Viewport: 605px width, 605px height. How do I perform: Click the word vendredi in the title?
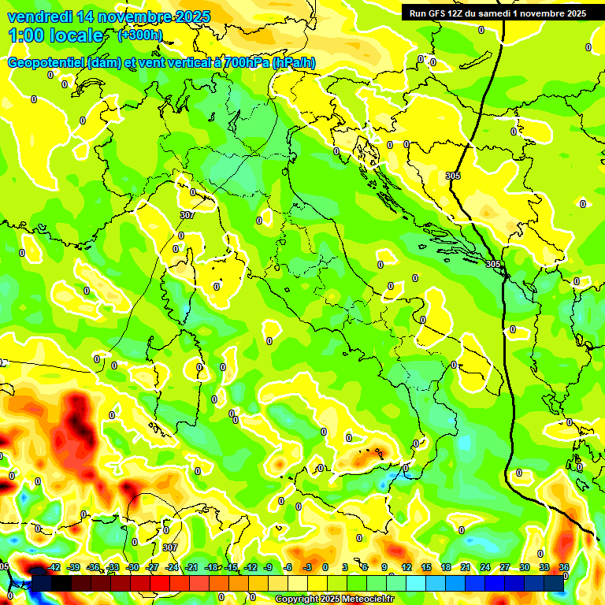[40, 17]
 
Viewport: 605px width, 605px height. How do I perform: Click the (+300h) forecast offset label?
[140, 35]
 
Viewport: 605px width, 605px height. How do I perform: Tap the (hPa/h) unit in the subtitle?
[293, 63]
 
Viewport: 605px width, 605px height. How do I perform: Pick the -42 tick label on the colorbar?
[54, 567]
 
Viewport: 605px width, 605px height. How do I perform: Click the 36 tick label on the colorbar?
[564, 567]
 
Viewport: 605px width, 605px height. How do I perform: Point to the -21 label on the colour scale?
[191, 567]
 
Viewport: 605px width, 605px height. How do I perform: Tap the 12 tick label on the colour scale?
[406, 567]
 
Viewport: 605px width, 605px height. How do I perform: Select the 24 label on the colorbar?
[485, 567]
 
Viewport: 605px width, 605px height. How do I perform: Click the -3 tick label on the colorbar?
[308, 567]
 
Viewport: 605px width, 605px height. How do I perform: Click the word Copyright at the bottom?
[297, 599]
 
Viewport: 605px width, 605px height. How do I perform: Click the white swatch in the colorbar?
[298, 583]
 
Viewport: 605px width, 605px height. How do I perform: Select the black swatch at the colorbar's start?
[42, 583]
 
